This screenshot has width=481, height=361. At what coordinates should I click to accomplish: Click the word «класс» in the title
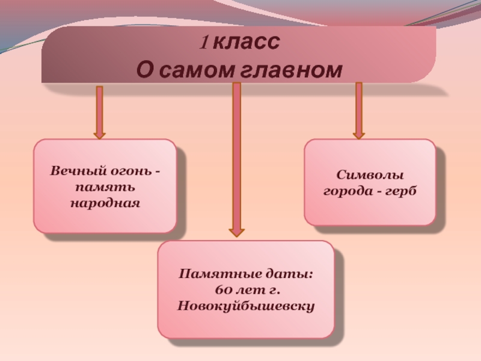(x=247, y=43)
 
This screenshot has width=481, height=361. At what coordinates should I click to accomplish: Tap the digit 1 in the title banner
(x=204, y=43)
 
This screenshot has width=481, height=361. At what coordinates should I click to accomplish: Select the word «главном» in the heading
(x=292, y=70)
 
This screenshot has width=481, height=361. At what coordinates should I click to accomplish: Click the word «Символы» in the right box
(x=369, y=176)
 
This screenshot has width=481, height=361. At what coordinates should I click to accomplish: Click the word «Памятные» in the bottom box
(x=212, y=274)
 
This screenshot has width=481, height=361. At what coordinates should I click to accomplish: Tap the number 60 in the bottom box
(x=221, y=291)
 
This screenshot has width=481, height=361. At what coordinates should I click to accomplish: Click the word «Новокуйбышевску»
(x=246, y=306)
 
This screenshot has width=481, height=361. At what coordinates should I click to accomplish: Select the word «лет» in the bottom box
(x=245, y=291)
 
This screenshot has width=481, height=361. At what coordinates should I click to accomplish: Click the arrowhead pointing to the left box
(x=99, y=134)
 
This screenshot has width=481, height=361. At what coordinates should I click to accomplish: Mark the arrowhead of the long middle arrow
(x=236, y=231)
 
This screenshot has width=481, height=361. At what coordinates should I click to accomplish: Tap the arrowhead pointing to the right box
(x=359, y=134)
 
